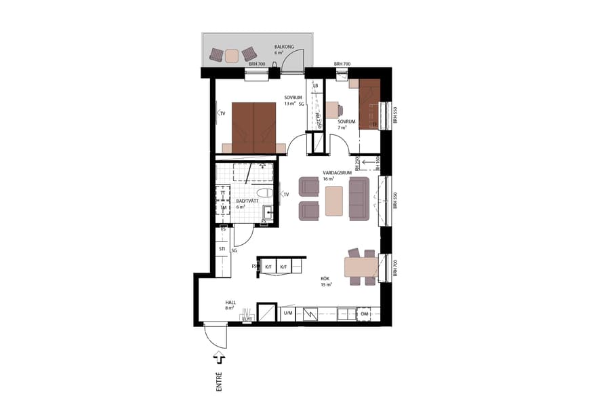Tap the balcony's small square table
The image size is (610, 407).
[x=232, y=56]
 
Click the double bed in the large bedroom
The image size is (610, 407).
[x=254, y=127]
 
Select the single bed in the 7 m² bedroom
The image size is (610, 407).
[x=369, y=103]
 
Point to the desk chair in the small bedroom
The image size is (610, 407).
[x=332, y=110]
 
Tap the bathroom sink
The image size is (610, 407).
[x=267, y=214]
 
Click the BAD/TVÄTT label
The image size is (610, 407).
[x=245, y=201]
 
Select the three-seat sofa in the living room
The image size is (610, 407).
[x=359, y=199]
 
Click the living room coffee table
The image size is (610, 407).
[x=334, y=200]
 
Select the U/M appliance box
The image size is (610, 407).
[x=288, y=313]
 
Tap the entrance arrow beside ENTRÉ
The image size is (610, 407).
[x=218, y=358]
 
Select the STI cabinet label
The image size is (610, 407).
[x=222, y=250]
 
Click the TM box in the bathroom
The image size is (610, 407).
[x=222, y=208]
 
